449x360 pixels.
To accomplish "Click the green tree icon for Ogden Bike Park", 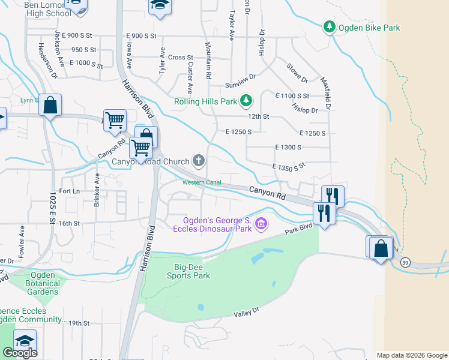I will [329, 27].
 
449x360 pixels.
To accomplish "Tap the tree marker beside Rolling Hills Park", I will [245, 101].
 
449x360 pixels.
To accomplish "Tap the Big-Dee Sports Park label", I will [188, 271].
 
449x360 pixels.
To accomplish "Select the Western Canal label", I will [202, 182].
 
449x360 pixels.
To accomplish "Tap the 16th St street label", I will [69, 223].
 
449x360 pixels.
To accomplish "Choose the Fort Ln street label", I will [69, 191].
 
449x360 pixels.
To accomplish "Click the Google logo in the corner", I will [20, 352].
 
